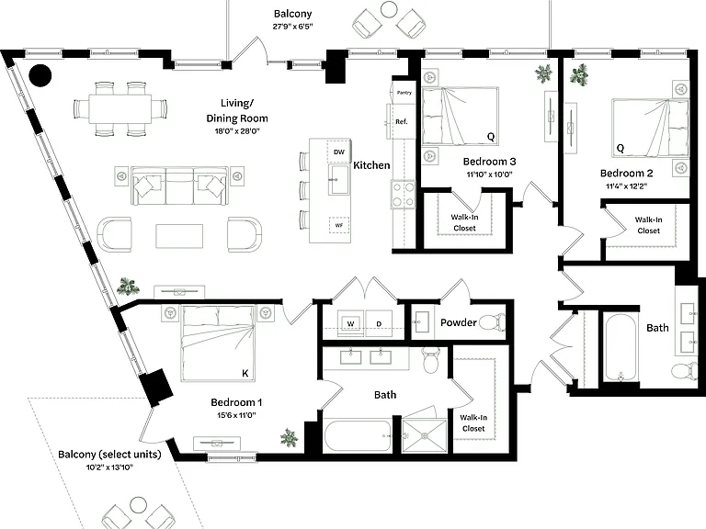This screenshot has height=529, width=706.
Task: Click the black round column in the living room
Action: coord(40,75)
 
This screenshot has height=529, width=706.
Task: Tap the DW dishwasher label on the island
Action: coord(338,152)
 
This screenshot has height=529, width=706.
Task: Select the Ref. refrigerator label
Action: coord(401,121)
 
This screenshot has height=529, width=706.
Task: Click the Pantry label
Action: coord(404,93)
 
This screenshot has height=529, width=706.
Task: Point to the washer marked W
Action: coord(350,323)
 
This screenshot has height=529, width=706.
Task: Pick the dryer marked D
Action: coord(379,323)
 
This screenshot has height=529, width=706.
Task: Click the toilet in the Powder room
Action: coord(492,322)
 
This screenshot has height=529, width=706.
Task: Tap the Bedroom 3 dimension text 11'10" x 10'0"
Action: coord(489,174)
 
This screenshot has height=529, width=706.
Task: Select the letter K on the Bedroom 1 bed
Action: coord(245,373)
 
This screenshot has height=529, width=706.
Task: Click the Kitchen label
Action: coord(371,165)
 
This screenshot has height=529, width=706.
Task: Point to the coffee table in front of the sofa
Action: coord(179,236)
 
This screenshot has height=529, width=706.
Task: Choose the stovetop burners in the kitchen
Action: coord(403,194)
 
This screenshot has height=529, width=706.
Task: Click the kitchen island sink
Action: coord(338,179)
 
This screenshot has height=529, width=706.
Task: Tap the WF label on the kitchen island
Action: coord(338,225)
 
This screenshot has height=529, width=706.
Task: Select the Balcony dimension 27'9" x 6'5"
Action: coord(292,26)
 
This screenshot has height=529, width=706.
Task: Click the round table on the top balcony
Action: coord(388,9)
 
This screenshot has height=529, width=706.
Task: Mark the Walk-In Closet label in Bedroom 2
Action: coord(648,225)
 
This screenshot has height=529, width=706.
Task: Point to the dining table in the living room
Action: coord(120,108)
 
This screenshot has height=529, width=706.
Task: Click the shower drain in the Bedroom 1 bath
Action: coord(424,435)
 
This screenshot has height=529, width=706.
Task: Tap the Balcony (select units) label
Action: coord(109,455)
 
